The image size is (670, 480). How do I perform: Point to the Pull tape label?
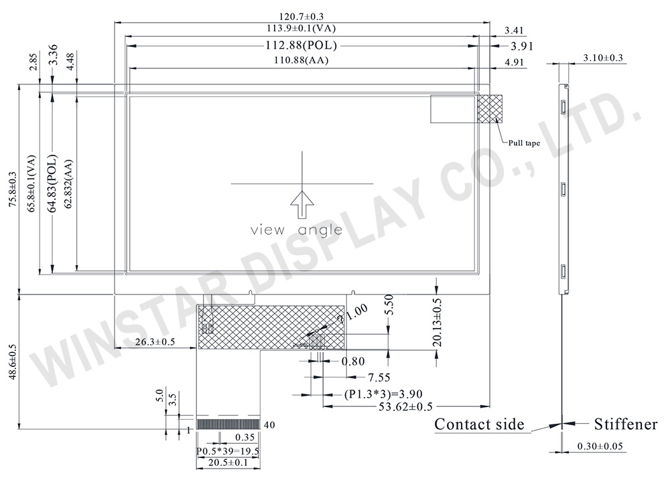point(524,143)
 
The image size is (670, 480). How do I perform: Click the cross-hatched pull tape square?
point(490,108)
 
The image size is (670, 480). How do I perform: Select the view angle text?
point(296,230)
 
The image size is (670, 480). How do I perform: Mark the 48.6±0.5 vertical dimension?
point(10,361)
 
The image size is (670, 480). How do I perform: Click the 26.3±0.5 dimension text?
point(154,342)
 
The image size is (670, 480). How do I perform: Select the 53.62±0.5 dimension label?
point(397,406)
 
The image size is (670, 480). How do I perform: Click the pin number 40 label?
point(269,424)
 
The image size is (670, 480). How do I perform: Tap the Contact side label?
point(479,424)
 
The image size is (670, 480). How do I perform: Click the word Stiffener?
point(625,424)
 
